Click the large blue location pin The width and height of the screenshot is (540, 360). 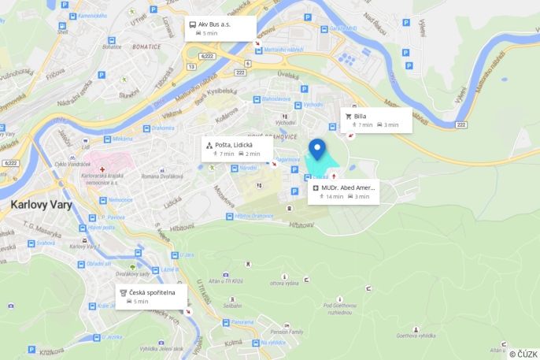pyautogui.click(x=317, y=148)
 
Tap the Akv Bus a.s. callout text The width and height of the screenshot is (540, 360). pyautogui.click(x=214, y=24)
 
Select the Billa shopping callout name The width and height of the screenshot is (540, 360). pyautogui.click(x=360, y=116)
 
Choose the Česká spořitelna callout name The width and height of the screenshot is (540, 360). pyautogui.click(x=153, y=292)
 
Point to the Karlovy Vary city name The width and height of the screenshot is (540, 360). pyautogui.click(x=41, y=205)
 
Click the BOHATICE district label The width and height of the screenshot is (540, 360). pyautogui.click(x=146, y=46)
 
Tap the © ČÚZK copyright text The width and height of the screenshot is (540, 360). pyautogui.click(x=523, y=354)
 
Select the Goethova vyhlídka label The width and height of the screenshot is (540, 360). pyautogui.click(x=416, y=335)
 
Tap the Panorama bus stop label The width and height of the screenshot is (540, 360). pyautogui.click(x=242, y=321)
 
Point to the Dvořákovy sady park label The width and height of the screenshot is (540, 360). pyautogui.click(x=132, y=273)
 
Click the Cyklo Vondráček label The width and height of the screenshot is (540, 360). pyautogui.click(x=72, y=164)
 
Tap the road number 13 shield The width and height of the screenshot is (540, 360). pyautogui.click(x=190, y=67)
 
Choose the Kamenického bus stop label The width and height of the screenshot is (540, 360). pyautogui.click(x=91, y=16)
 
